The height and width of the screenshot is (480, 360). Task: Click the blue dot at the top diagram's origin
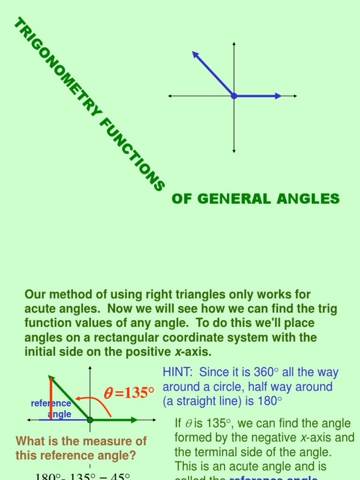click(234, 96)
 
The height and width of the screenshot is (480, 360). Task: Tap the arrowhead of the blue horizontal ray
click(278, 96)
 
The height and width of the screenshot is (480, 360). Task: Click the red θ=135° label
click(128, 393)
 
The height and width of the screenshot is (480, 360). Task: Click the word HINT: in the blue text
click(179, 373)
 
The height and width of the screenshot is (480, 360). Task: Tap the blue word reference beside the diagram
click(51, 404)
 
